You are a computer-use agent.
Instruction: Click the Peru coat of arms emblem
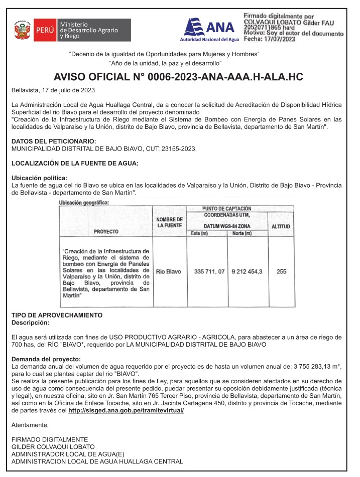(22, 30)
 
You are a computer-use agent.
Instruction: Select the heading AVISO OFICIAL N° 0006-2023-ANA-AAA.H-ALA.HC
(178, 77)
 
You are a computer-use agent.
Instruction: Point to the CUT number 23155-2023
(178, 148)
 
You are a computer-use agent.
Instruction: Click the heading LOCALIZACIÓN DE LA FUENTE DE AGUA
(75, 164)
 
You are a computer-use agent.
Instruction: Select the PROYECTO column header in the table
(106, 232)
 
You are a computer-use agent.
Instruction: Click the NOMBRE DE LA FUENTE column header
(169, 223)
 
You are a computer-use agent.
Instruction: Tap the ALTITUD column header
(281, 227)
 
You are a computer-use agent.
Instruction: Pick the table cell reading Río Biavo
(169, 271)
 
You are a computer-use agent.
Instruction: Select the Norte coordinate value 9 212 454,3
(247, 271)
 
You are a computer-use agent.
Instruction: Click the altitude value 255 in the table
(281, 271)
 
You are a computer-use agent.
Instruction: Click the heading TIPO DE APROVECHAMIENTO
(57, 315)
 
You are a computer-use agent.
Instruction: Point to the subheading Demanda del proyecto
(46, 359)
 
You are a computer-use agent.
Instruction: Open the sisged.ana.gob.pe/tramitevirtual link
(126, 410)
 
